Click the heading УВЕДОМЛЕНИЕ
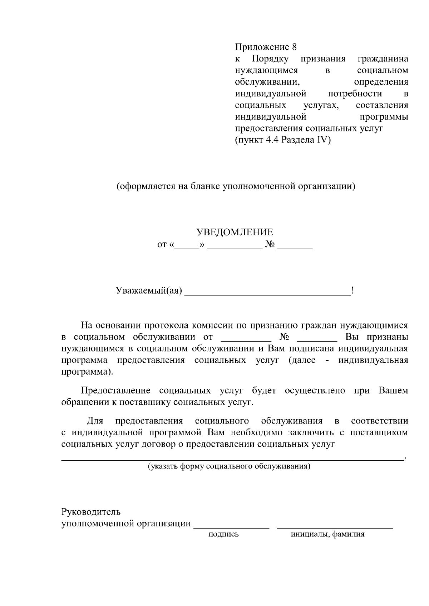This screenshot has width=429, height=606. pyautogui.click(x=235, y=232)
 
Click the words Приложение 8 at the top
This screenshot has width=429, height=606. pyautogui.click(x=266, y=47)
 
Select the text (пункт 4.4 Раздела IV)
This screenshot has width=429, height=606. pyautogui.click(x=283, y=140)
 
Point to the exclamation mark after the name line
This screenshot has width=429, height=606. pyautogui.click(x=353, y=291)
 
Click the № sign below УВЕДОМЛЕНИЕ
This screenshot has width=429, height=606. pyautogui.click(x=270, y=245)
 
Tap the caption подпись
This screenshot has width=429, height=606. pyautogui.click(x=223, y=534)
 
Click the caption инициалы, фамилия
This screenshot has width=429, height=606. pyautogui.click(x=328, y=534)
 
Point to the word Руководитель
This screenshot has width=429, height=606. pyautogui.click(x=91, y=512)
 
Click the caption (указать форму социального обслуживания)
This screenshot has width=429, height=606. pyautogui.click(x=229, y=466)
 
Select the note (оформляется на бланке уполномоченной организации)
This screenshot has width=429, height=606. pyautogui.click(x=236, y=186)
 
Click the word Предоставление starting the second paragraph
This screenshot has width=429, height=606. pyautogui.click(x=115, y=391)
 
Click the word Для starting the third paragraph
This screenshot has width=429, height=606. pyautogui.click(x=95, y=421)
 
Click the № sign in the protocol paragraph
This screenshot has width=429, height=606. pyautogui.click(x=284, y=337)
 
